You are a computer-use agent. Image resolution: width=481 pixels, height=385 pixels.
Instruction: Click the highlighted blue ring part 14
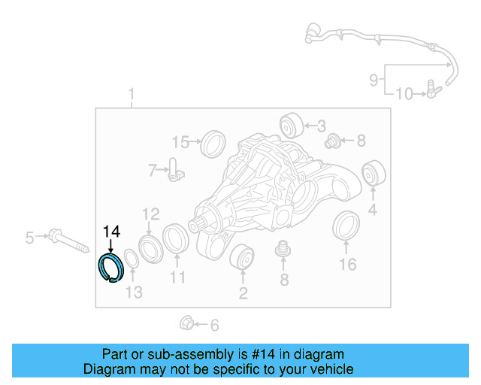coord(112,268)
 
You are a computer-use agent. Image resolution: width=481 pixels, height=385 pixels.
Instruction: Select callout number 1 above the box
coord(132,95)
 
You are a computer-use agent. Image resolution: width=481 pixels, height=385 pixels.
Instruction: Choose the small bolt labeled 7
coord(174,171)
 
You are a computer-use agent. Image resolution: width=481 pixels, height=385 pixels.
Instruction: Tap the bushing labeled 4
coord(372,174)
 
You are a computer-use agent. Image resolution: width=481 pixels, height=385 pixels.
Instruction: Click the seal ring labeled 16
coord(346,228)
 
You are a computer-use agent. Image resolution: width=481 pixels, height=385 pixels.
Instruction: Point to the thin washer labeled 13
coord(129,259)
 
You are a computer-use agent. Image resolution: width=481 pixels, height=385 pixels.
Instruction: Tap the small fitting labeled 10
coord(431,92)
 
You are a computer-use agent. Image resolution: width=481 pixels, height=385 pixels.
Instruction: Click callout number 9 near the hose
coord(373,77)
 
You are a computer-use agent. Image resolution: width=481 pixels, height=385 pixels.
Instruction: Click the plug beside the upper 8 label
coord(332,140)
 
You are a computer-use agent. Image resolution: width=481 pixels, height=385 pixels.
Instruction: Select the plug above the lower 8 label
coord(283,249)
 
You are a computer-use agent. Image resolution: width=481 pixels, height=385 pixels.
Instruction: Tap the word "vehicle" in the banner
coord(332,369)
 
